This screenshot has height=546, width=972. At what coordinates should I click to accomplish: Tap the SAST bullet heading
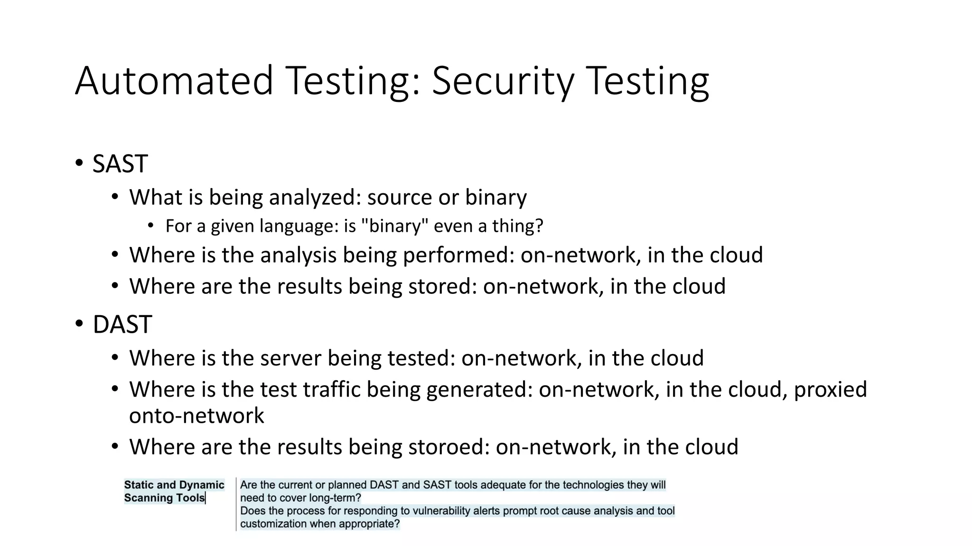[120, 164]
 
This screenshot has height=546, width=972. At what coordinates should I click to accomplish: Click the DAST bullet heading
[122, 325]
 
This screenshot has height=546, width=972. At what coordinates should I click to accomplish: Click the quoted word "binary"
[392, 226]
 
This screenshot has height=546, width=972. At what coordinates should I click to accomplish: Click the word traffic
[331, 390]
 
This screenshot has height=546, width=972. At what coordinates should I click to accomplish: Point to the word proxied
[830, 390]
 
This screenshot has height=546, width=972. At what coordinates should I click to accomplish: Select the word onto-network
[196, 416]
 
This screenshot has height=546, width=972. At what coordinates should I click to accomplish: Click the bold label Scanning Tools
[164, 498]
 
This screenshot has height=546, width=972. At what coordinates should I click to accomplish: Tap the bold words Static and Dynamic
[174, 485]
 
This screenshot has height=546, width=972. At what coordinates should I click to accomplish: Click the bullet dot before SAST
[79, 164]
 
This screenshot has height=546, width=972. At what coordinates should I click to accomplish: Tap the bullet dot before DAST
[79, 325]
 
